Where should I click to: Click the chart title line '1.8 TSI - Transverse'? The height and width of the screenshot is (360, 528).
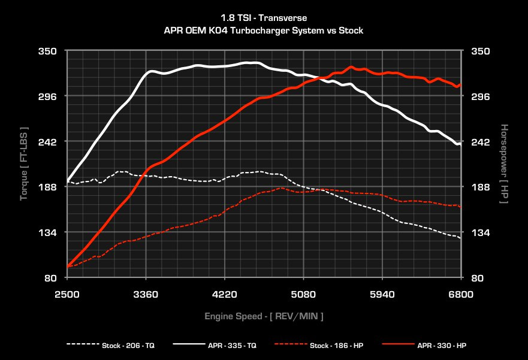click(x=264, y=18)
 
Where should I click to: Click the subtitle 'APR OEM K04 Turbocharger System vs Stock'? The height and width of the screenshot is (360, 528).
click(x=264, y=29)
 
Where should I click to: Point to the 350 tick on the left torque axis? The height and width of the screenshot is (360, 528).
click(x=48, y=51)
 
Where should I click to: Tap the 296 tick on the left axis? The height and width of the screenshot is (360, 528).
click(x=48, y=96)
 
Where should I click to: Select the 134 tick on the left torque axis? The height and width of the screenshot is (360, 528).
click(x=48, y=232)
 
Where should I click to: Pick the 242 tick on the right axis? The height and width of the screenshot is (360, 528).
click(x=481, y=141)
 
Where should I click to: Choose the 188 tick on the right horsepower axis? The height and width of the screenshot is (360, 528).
click(x=481, y=187)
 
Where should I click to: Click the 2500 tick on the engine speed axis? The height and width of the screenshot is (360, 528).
click(x=67, y=294)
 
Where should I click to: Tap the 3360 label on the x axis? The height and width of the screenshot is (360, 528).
click(x=146, y=294)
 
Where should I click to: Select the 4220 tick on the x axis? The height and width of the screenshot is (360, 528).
click(x=225, y=294)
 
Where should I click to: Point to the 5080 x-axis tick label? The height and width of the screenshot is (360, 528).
click(x=303, y=294)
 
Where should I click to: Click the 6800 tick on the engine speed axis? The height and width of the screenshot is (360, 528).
click(x=461, y=294)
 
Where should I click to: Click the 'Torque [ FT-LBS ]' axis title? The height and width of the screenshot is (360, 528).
click(x=24, y=164)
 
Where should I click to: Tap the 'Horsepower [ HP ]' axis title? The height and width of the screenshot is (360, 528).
click(x=504, y=164)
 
